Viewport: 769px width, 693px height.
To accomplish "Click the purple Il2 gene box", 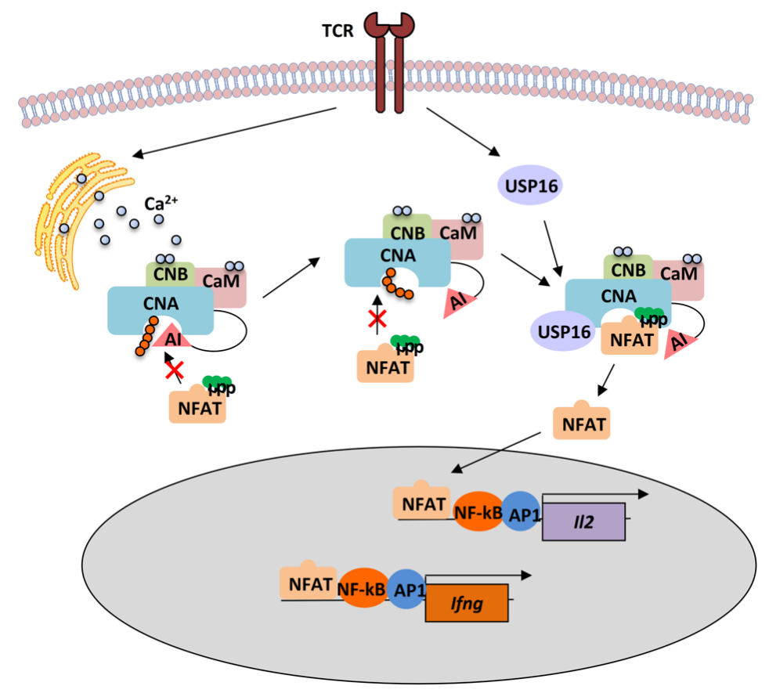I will [x=583, y=521].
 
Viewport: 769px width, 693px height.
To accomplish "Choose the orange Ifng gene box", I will [x=466, y=603].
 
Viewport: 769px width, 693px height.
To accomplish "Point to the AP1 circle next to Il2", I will [x=520, y=511].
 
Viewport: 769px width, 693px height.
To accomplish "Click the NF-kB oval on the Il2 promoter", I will [x=477, y=513].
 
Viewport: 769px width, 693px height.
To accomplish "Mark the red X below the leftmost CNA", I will [x=174, y=370].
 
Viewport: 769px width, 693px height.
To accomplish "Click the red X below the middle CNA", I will [x=378, y=318].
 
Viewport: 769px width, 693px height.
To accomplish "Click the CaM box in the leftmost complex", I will [x=224, y=283].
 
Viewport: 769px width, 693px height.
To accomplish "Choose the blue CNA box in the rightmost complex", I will [x=618, y=297].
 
